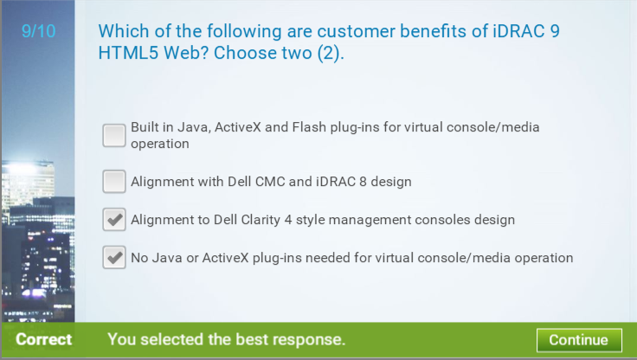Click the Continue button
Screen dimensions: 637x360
tap(579, 340)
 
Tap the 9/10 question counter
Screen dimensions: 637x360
tap(39, 31)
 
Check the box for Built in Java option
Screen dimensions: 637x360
tap(114, 135)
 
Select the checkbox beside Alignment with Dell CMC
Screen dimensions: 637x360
tap(114, 181)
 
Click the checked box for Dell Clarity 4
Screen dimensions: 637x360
tap(114, 220)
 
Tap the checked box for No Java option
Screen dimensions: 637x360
tap(114, 257)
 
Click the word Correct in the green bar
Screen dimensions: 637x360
tap(43, 339)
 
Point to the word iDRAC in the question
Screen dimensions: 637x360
tap(518, 31)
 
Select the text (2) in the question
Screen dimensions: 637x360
tap(331, 54)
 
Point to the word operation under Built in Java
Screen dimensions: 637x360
tap(159, 144)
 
